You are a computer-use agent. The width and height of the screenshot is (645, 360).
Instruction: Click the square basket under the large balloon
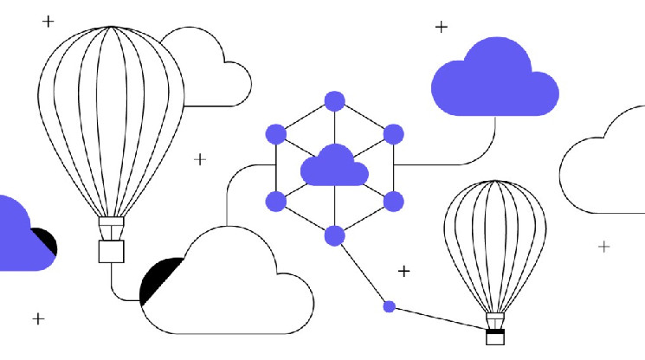[x=111, y=250]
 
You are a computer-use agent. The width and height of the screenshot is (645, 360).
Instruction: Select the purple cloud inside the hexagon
[x=334, y=166]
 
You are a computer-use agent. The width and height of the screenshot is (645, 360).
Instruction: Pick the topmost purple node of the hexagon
[x=334, y=100]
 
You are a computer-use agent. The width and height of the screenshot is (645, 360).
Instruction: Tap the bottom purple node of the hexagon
[x=334, y=235]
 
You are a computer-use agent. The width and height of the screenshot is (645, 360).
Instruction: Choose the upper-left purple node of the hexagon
[x=275, y=134]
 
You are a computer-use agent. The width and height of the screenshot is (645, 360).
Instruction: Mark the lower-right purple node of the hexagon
[x=393, y=202]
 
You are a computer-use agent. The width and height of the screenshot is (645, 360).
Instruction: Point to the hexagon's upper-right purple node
[x=393, y=134]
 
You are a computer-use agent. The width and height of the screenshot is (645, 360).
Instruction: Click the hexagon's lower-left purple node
[x=275, y=202]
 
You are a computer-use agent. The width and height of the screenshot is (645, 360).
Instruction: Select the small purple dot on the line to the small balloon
[x=390, y=305]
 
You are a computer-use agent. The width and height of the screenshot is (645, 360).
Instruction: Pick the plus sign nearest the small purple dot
[x=403, y=272]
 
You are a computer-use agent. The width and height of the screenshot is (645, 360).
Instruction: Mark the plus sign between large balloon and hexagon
[x=200, y=159]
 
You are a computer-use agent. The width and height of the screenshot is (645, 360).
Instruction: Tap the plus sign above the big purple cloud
[x=441, y=27]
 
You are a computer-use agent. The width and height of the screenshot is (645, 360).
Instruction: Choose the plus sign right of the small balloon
[x=603, y=247]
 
